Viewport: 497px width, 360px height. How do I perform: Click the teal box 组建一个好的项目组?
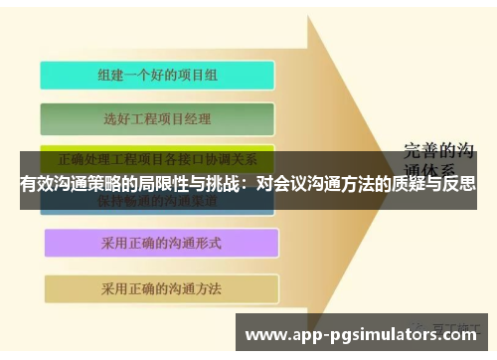coord(157,75)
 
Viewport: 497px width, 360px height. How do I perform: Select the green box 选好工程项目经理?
coord(157,119)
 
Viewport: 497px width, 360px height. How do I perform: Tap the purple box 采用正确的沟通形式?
coord(159,243)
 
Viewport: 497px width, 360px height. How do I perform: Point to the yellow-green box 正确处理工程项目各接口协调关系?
coord(157,159)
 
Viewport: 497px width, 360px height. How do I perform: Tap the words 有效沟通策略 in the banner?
coord(66,184)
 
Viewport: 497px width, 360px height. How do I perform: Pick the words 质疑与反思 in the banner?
coord(433,184)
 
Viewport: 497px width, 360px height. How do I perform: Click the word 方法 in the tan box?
coord(208,288)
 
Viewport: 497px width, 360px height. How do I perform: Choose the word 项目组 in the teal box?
coord(197,75)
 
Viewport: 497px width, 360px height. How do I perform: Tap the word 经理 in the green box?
coord(198,119)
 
